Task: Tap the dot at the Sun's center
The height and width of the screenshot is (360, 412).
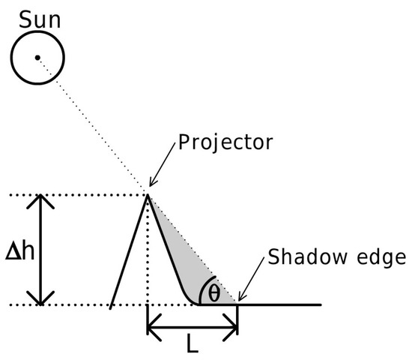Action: [x=37, y=58]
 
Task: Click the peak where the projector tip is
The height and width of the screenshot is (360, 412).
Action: [x=148, y=194]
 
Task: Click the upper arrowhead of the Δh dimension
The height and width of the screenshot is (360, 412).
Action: [x=43, y=200]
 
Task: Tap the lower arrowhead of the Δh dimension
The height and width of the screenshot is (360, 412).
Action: [x=43, y=299]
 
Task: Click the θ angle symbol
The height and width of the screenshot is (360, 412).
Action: [x=215, y=292]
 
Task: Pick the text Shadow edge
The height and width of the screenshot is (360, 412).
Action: [x=336, y=259]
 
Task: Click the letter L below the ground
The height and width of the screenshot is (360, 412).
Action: [x=193, y=347]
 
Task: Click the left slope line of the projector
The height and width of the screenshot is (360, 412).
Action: [x=129, y=250]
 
